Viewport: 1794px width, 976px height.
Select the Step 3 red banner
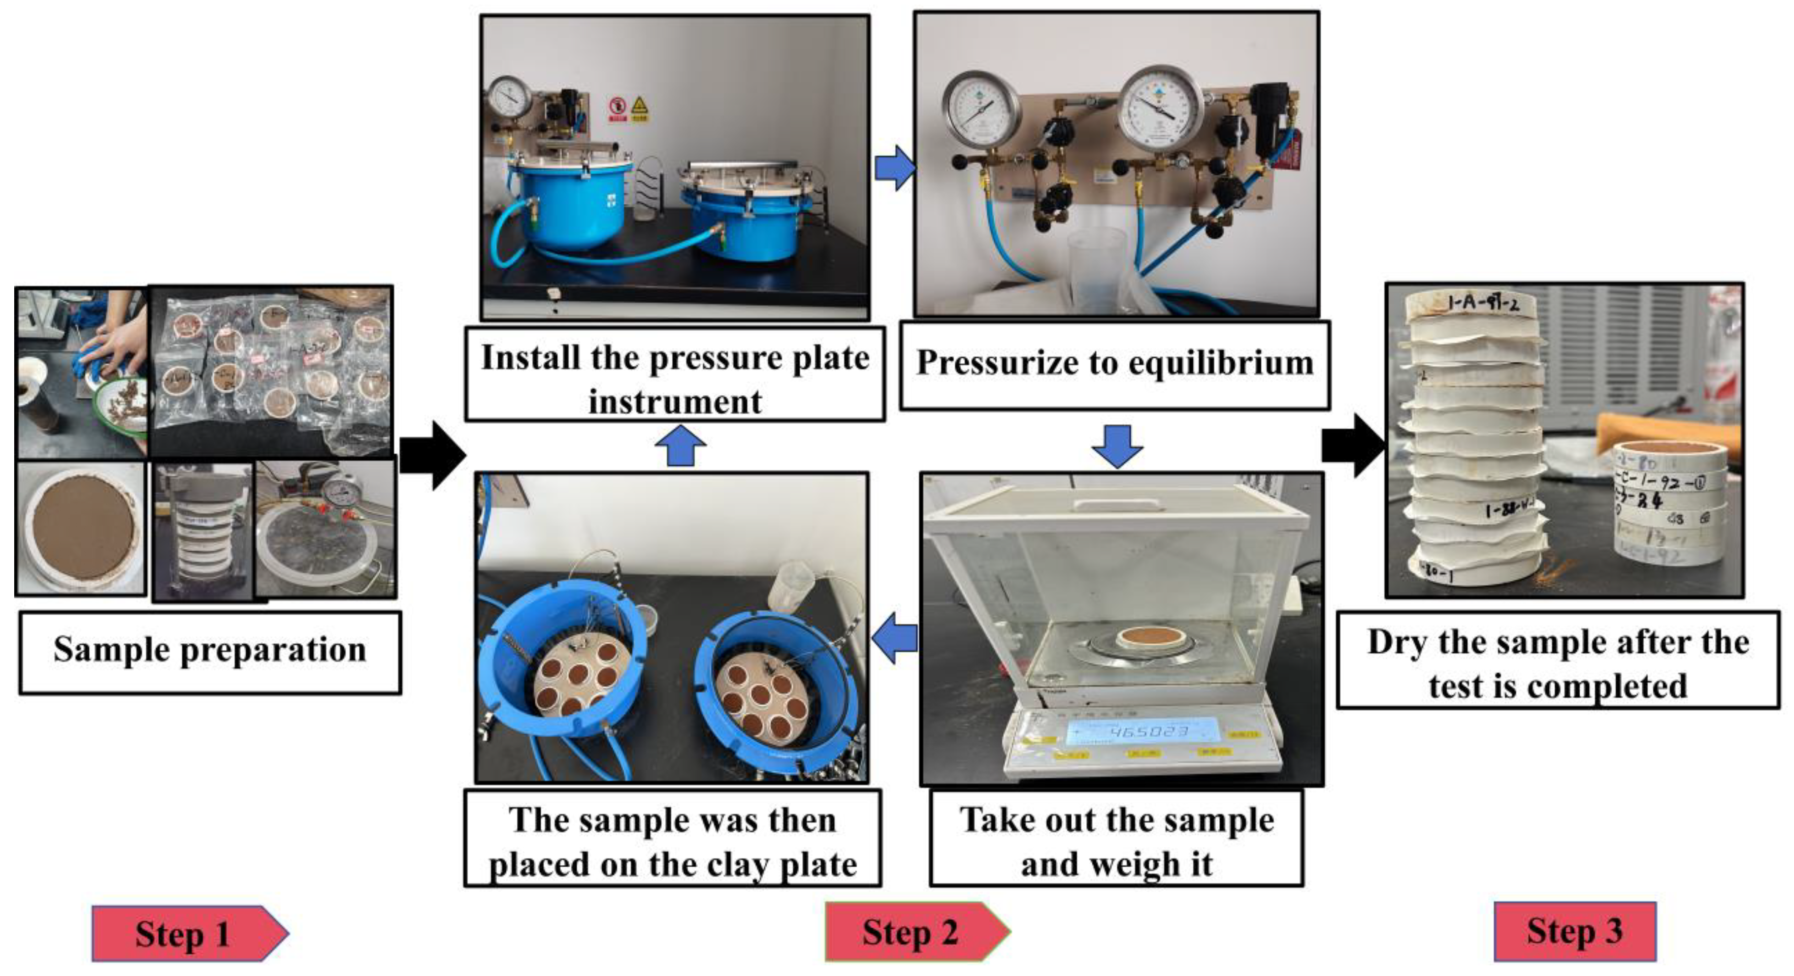point(1574,931)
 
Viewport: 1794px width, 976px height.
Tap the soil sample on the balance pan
point(1143,636)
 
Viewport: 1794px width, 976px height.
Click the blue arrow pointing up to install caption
point(680,447)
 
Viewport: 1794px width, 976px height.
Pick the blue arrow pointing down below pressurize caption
point(1117,446)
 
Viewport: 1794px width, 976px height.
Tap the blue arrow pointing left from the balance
point(895,638)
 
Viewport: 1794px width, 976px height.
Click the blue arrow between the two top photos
point(894,168)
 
